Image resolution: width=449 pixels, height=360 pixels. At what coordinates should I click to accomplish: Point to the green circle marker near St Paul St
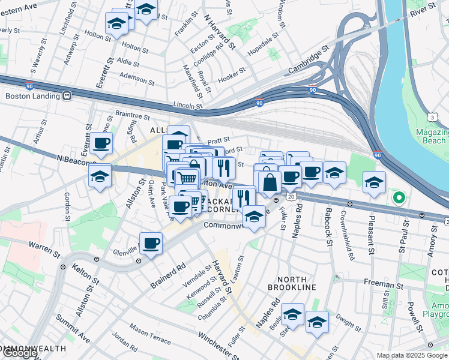[x=397, y=196]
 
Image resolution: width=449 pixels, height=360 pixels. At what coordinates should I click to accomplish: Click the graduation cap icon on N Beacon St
[x=100, y=175]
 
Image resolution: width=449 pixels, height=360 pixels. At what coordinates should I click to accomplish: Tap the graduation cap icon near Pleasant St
[x=374, y=181]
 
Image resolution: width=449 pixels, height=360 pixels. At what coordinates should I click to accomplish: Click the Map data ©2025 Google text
[x=412, y=355]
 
